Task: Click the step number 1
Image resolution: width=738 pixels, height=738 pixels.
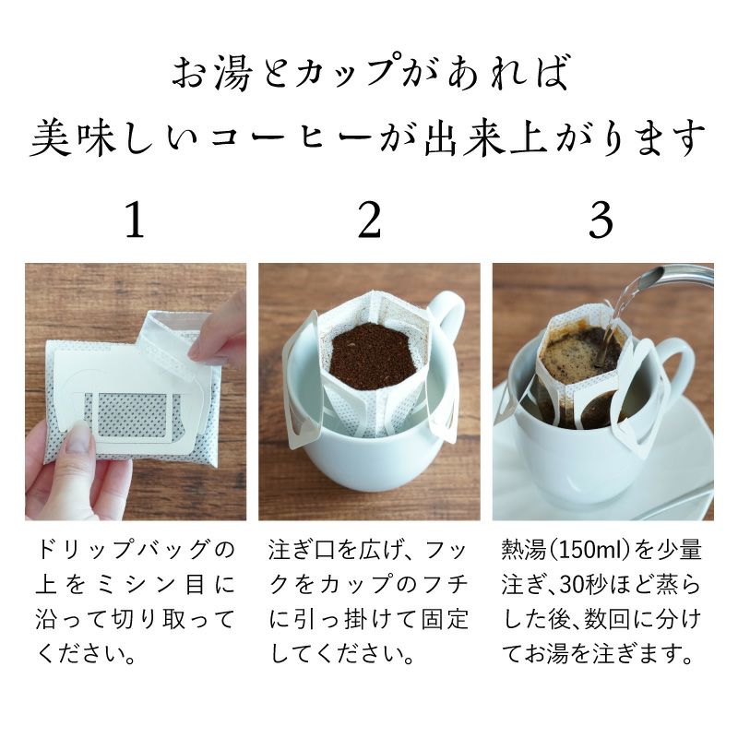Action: tap(135, 220)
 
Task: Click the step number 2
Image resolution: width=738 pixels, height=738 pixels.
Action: tap(369, 220)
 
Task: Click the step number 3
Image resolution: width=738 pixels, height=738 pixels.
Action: tap(601, 220)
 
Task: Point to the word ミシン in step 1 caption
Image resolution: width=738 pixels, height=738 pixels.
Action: tap(134, 585)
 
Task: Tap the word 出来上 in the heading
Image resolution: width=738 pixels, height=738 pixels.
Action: tap(486, 138)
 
